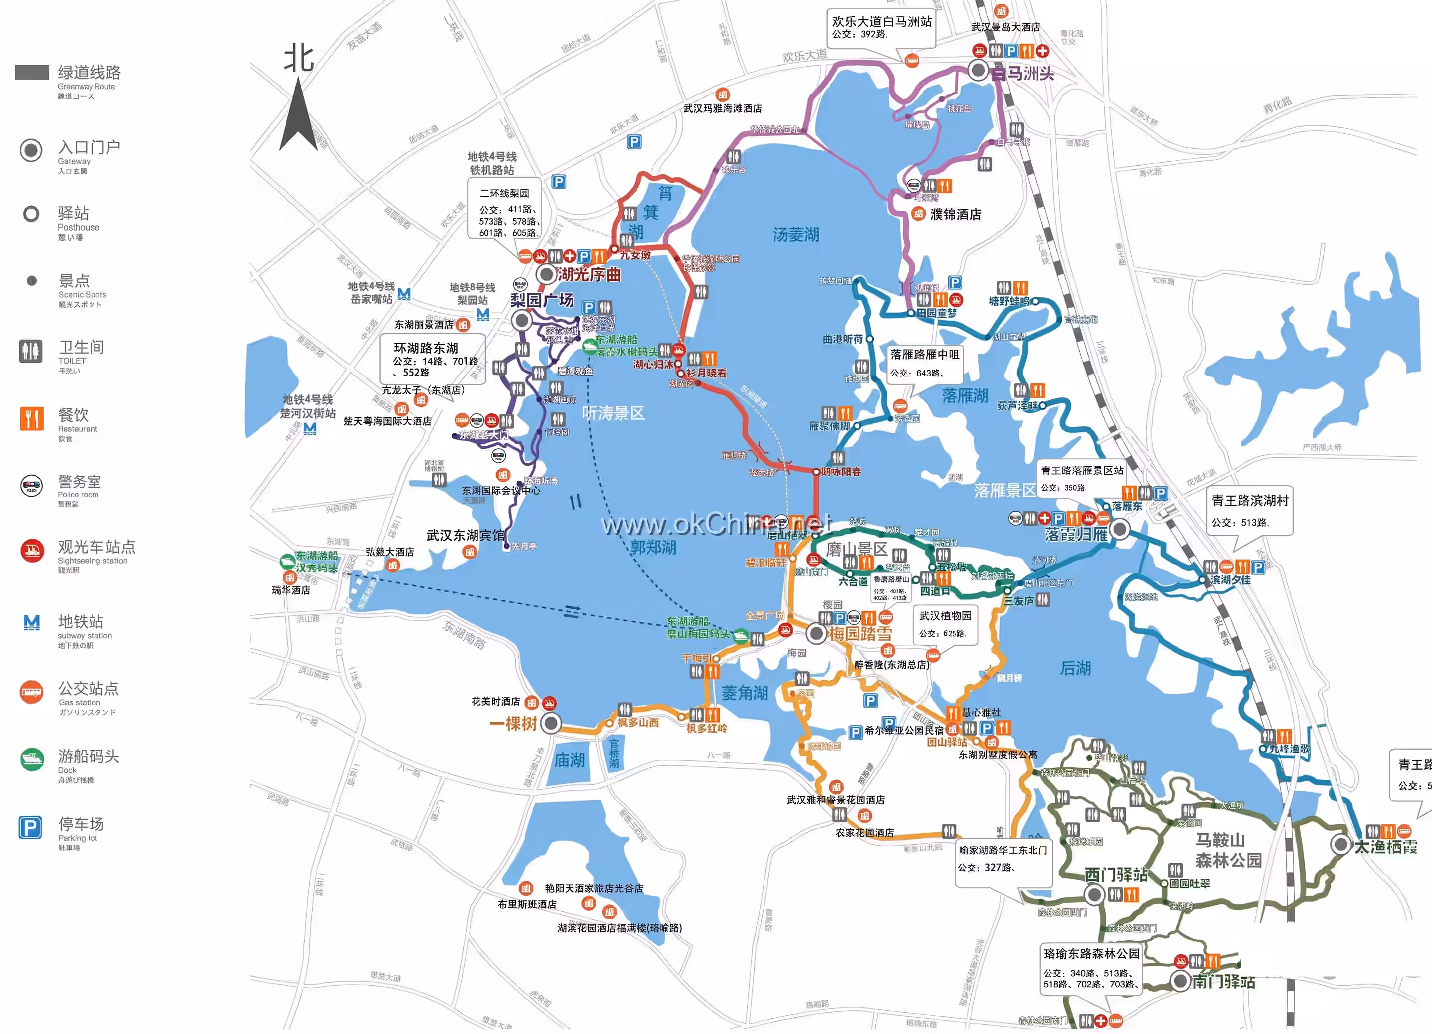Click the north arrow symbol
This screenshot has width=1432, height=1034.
point(298,113)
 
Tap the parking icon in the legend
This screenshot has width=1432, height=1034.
point(30,827)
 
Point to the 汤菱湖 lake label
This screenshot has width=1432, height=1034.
point(795,235)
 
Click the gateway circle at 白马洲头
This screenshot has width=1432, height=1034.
point(979,70)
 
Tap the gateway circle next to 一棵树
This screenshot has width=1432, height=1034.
point(551,724)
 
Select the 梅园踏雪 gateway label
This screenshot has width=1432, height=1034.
point(860,634)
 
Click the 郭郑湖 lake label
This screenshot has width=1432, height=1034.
point(654,547)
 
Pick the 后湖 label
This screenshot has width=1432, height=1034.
point(1075,668)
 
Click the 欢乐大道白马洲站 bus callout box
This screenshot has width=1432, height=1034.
point(881,27)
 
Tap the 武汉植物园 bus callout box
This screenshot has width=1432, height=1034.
point(945,624)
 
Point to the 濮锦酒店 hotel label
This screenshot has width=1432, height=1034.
point(955,215)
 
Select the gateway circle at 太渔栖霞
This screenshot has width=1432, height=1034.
point(1340,844)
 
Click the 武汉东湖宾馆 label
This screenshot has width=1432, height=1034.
point(466,535)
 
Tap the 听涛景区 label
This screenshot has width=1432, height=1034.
point(613,413)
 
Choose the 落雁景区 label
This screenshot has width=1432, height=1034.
point(1005,490)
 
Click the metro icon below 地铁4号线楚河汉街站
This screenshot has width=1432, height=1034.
point(310,429)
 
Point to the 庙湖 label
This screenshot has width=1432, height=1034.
point(569,760)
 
